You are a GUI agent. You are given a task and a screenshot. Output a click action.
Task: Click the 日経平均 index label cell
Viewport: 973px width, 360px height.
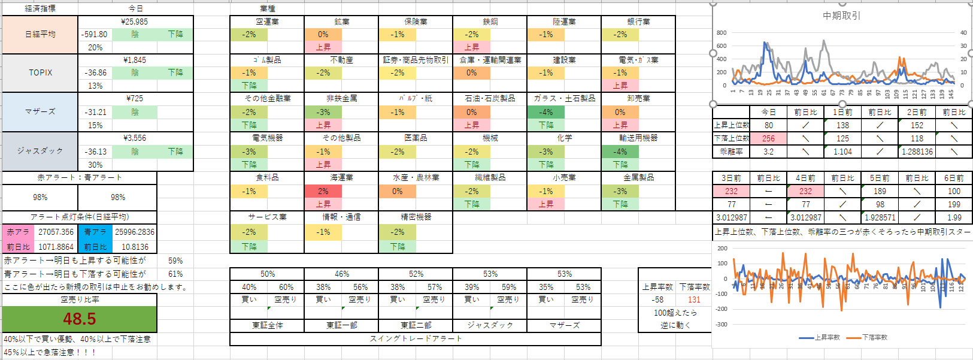pos(40,35)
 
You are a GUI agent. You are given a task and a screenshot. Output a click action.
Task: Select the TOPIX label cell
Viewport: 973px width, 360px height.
pos(40,72)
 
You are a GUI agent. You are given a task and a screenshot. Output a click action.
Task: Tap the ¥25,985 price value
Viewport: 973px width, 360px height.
pos(135,22)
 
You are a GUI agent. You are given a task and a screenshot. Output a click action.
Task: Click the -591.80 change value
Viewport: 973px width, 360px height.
pos(95,35)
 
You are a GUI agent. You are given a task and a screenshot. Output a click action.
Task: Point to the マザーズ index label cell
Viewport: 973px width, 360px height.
pos(40,111)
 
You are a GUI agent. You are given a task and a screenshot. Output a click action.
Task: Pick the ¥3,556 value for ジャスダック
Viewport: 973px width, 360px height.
pos(135,138)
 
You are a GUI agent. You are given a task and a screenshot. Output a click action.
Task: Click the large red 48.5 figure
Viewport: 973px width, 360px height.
pos(80,319)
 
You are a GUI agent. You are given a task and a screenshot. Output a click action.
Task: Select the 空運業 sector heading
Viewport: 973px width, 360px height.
pos(267,22)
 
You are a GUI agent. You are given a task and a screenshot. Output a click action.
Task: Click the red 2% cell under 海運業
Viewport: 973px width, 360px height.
pos(323,192)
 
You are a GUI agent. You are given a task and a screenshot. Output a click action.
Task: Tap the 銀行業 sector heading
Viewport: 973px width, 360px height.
pos(638,22)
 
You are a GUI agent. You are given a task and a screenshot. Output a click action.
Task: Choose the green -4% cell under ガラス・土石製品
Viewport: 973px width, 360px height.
pos(546,112)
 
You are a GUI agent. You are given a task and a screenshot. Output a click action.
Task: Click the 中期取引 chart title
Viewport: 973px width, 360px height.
pos(841,16)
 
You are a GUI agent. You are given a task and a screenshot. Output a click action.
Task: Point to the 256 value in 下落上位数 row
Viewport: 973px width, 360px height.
pos(768,138)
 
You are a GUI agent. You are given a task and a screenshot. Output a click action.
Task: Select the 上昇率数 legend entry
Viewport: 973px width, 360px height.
pos(820,338)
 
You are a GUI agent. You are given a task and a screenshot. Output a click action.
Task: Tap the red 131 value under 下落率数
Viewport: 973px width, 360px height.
pos(694,300)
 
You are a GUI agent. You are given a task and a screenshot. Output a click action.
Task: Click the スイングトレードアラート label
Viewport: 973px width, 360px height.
pos(416,338)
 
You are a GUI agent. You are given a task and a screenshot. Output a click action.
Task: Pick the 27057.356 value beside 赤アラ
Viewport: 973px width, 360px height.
pos(56,232)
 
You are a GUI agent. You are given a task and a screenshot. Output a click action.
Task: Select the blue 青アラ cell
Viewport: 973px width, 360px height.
pos(95,232)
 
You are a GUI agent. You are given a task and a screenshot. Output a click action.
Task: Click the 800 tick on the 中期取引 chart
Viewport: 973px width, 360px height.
pos(722,33)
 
